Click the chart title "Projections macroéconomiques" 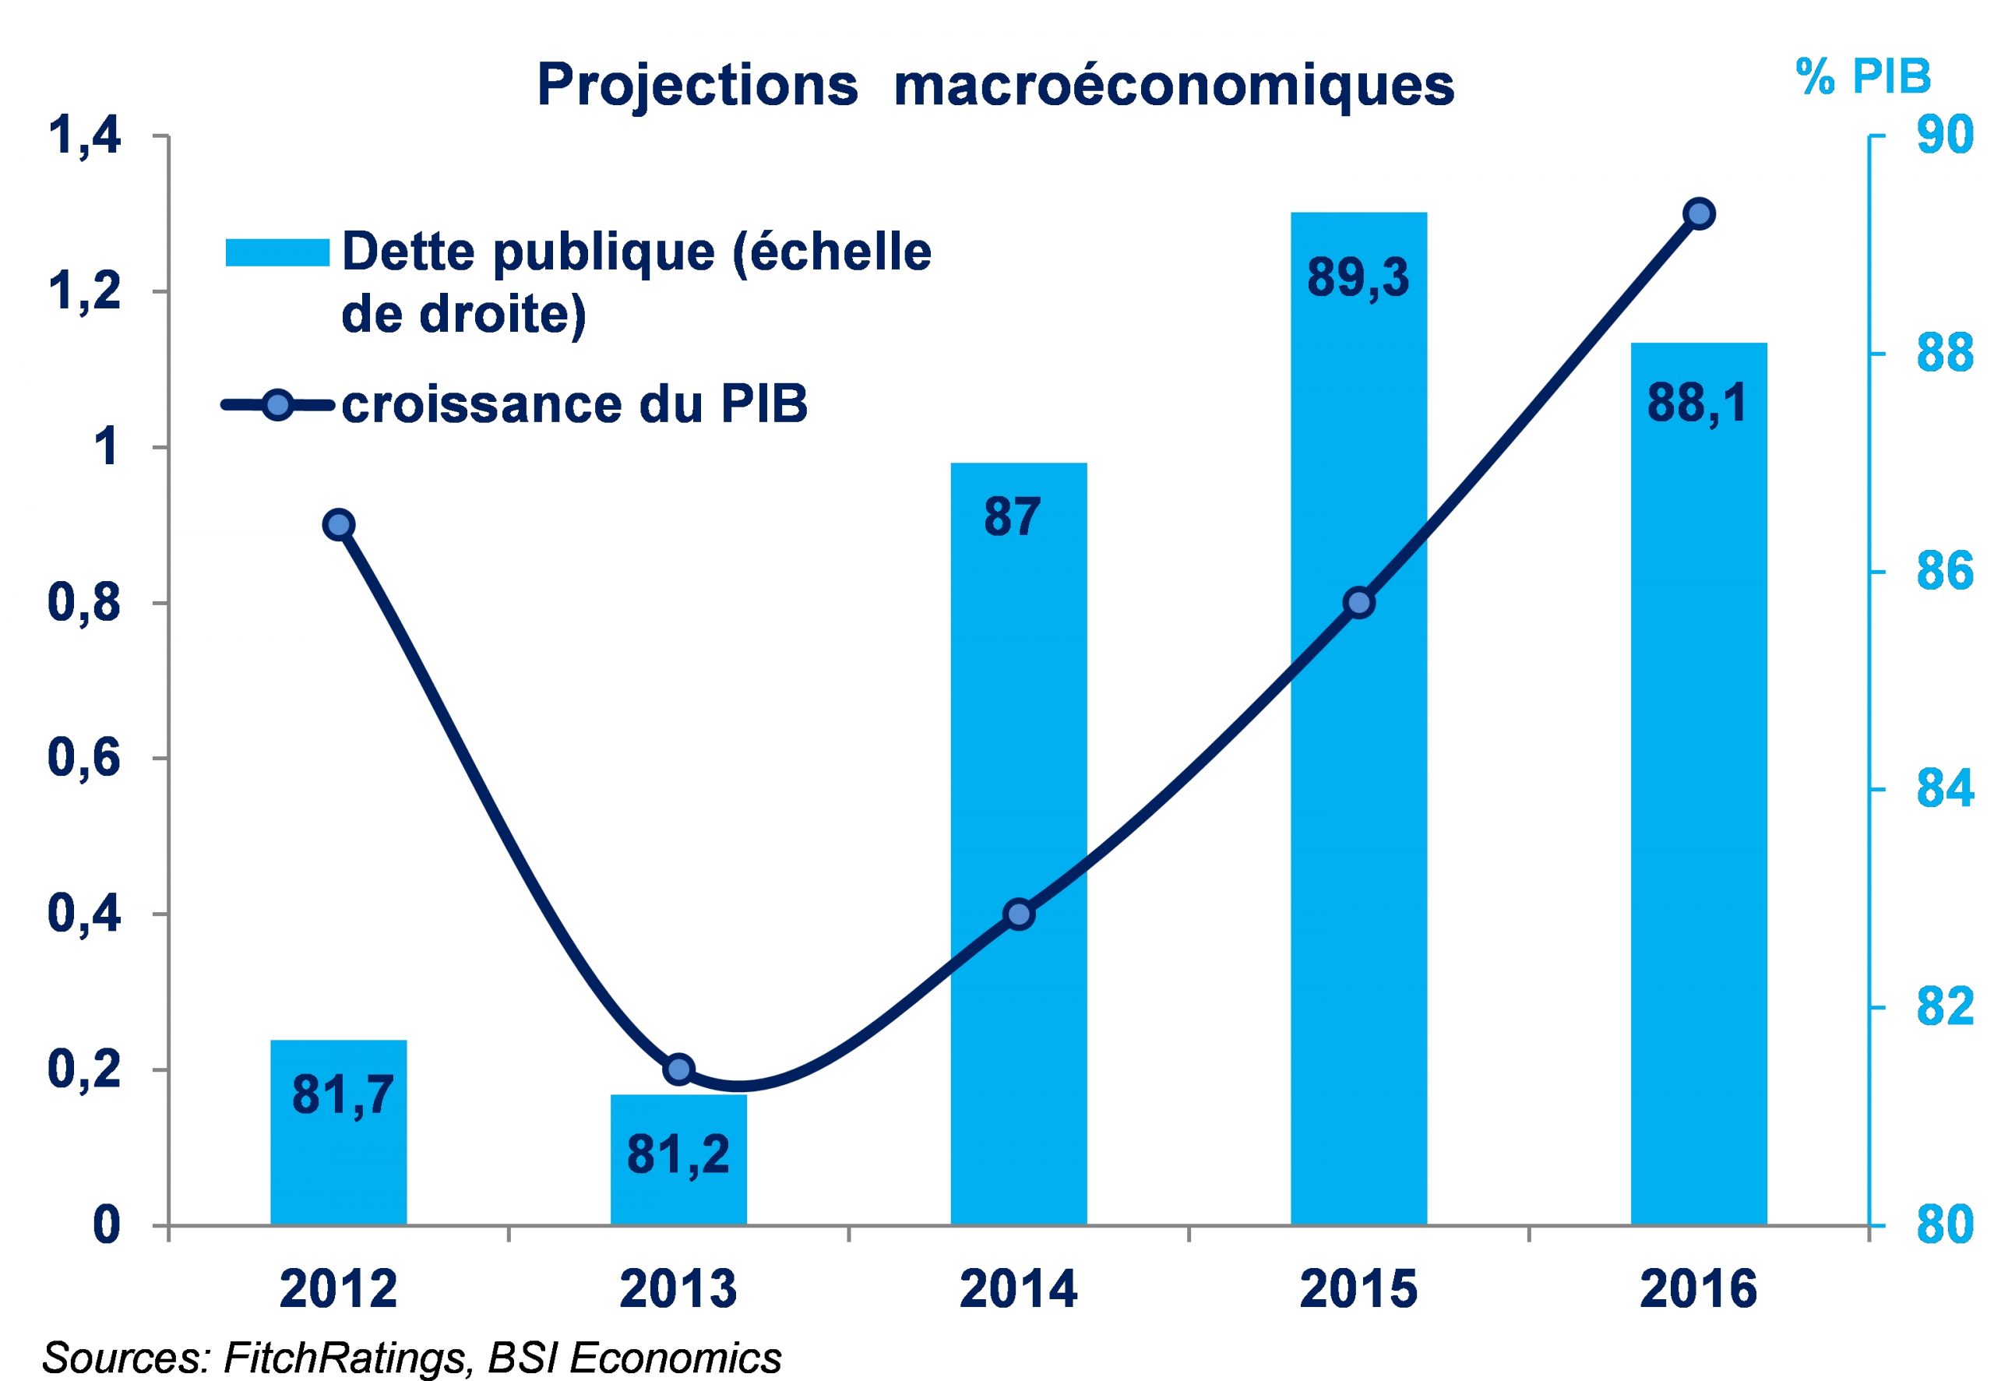[995, 86]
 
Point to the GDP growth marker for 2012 [338, 524]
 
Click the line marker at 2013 [679, 1069]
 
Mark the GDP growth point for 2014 [1019, 914]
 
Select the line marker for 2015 [1359, 602]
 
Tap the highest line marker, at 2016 [1699, 213]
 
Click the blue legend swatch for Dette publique [277, 252]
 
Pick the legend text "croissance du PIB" [574, 405]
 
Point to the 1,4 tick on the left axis [84, 137]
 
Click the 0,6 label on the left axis [84, 759]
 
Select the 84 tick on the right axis [1945, 789]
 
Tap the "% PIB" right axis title [1862, 76]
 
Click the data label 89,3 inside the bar [1358, 279]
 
